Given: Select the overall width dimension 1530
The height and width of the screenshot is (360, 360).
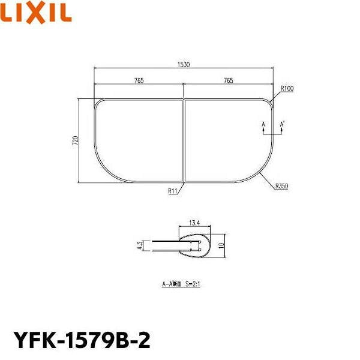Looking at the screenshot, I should (184, 65).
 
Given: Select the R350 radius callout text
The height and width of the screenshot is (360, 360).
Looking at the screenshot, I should (281, 187).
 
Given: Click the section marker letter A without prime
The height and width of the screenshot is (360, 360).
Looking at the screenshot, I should (263, 124).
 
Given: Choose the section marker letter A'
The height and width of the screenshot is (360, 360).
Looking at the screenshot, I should (283, 124).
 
